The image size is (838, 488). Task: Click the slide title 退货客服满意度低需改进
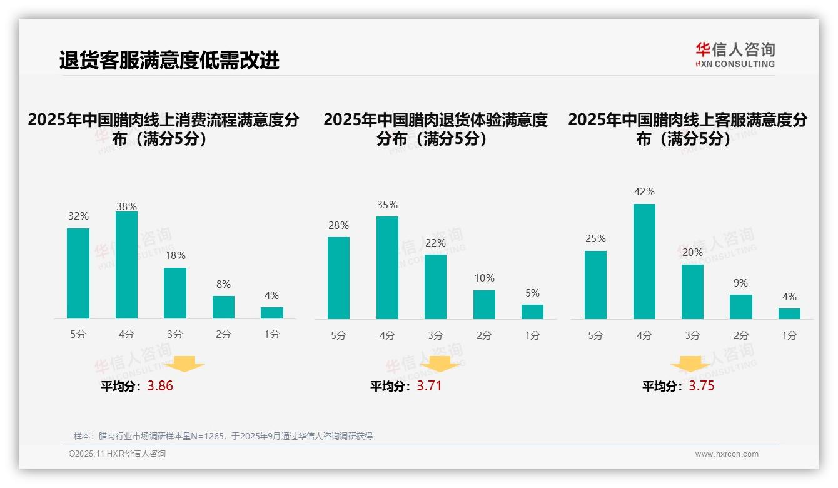(169, 60)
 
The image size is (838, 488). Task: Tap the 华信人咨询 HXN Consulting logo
(735, 54)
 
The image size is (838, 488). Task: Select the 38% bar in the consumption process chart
(126, 265)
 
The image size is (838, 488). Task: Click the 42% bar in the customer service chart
(644, 261)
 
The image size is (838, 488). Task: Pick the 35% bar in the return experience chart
(387, 267)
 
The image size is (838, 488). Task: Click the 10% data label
(484, 278)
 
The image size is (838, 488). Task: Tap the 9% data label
(740, 283)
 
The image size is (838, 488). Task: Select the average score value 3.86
(160, 386)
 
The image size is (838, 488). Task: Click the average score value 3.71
(429, 386)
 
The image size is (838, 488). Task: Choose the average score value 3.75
(702, 386)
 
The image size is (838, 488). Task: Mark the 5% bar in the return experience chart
(532, 312)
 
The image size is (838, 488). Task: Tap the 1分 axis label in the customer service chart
(789, 335)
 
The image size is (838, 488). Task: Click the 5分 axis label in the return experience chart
(338, 335)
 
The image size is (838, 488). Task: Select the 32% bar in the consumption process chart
(78, 273)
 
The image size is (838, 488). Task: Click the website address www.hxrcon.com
(727, 454)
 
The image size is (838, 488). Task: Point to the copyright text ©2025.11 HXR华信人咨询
(117, 454)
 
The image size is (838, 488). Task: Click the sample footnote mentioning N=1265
(223, 436)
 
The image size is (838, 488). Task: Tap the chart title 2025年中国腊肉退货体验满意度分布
(435, 128)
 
